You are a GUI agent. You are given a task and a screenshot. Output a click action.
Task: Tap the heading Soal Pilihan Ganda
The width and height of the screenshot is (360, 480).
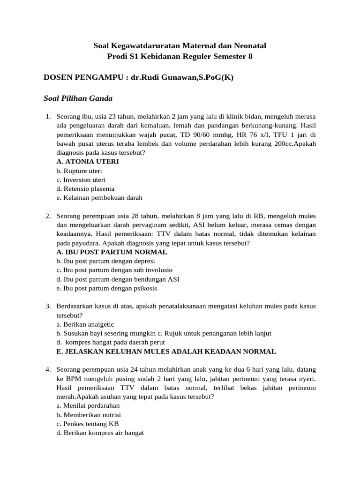78,98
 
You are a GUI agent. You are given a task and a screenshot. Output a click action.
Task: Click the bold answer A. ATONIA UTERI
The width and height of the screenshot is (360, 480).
88,161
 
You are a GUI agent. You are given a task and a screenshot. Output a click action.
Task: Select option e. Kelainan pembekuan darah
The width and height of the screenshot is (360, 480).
99,198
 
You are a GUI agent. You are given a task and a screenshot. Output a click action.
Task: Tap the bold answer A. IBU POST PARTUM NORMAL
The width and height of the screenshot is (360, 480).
112,252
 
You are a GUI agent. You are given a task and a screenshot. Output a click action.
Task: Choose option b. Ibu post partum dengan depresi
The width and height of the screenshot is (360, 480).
105,261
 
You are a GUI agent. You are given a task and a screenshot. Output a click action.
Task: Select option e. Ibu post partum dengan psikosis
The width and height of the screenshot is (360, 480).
106,288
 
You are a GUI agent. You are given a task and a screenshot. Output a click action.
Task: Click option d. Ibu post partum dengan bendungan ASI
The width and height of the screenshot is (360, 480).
118,279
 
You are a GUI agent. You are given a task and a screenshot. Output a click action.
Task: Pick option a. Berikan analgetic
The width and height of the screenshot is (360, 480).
85,324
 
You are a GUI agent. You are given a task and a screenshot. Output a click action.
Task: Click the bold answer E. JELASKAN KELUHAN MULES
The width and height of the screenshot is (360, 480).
166,352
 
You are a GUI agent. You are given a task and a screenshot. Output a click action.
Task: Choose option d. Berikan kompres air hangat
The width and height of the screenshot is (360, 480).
100,433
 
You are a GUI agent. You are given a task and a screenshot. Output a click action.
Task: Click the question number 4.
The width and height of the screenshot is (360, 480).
48,369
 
